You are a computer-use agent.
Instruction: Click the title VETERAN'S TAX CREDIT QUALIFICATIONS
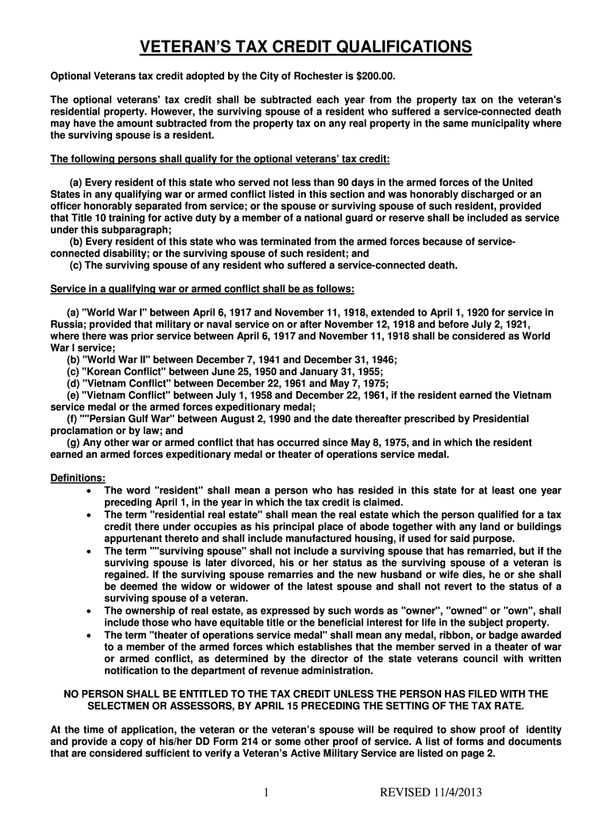click(x=306, y=49)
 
